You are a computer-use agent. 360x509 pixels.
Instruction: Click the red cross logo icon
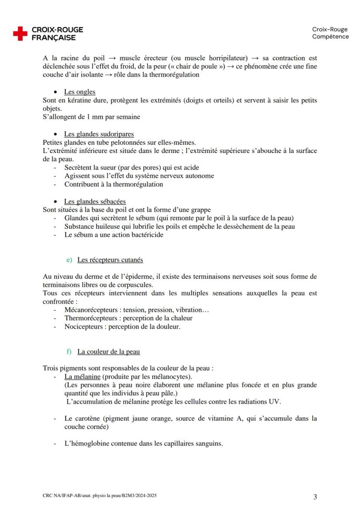pos(20,33)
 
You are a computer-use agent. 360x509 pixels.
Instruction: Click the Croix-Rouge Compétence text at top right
pos(330,33)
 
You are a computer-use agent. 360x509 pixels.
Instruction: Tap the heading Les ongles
pos(80,92)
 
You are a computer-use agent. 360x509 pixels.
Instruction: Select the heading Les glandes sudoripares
pos(99,134)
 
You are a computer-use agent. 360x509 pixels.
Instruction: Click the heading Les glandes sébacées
pos(95,201)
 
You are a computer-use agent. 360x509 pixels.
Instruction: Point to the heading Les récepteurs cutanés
pos(110,260)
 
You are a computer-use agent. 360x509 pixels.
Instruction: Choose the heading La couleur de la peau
pos(108,351)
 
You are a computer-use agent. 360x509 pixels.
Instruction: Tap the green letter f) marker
pos(69,351)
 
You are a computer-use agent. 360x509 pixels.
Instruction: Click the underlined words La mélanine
pos(82,376)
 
